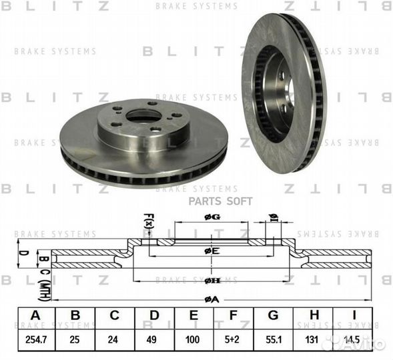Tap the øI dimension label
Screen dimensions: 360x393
[x=273, y=217]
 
